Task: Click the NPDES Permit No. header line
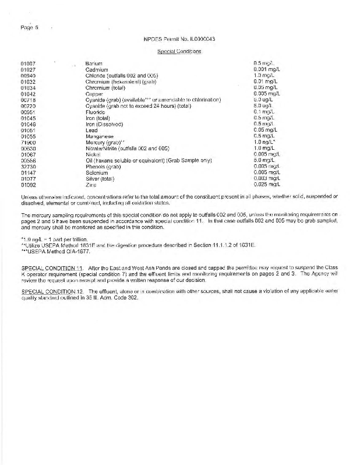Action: click(x=179, y=39)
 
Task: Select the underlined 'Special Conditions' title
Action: click(x=179, y=51)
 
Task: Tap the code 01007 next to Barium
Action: click(x=28, y=62)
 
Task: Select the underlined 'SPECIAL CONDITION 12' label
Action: click(x=51, y=290)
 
